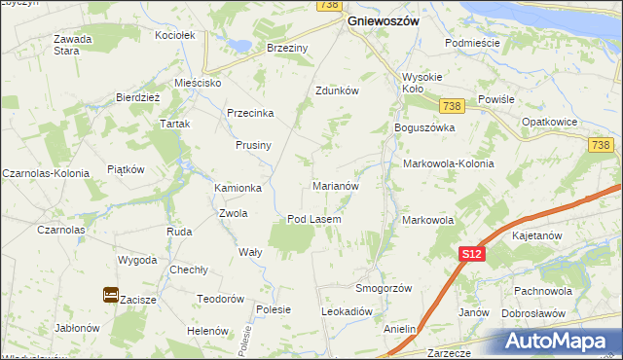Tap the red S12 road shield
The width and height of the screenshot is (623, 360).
click(471, 253)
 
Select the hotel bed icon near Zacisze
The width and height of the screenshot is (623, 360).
click(110, 294)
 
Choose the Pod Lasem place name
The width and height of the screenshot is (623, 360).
click(313, 219)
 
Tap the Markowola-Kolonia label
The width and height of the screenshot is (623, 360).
click(448, 163)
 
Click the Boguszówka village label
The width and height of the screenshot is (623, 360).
click(423, 126)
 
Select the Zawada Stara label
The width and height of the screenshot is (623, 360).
click(72, 45)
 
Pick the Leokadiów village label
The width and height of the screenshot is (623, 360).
click(348, 311)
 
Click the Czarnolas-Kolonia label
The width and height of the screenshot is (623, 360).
click(46, 173)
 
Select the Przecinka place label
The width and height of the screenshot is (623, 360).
click(251, 112)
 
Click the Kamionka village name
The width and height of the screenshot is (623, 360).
click(238, 188)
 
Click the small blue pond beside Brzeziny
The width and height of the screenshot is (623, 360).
click(237, 44)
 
